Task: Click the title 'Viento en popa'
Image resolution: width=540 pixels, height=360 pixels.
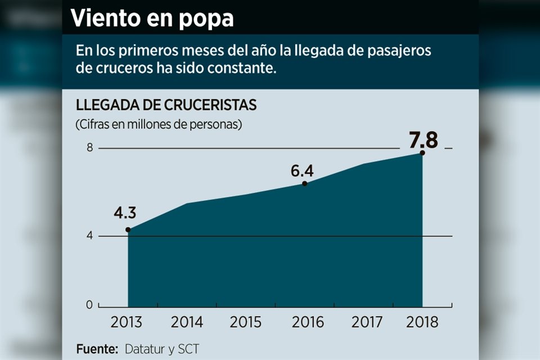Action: tap(152, 19)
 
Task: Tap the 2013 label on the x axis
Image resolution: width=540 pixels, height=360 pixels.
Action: tap(127, 322)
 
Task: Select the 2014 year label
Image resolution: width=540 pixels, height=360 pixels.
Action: tap(187, 322)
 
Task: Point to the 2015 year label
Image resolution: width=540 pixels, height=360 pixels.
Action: tap(245, 322)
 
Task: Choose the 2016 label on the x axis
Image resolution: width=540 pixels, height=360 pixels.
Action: tap(308, 322)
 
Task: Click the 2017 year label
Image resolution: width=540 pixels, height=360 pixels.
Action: tap(367, 322)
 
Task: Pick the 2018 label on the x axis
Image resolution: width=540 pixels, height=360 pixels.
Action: tap(421, 322)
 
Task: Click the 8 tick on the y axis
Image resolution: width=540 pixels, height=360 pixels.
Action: tap(89, 148)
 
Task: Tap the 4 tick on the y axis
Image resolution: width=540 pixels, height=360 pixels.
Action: tap(89, 236)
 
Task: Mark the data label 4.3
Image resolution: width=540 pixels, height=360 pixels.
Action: tap(125, 214)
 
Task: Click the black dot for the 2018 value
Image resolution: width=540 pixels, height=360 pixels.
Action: tap(422, 153)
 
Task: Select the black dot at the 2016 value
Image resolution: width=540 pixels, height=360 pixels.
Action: tap(304, 183)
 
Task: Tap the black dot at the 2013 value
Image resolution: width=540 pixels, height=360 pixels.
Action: tap(128, 229)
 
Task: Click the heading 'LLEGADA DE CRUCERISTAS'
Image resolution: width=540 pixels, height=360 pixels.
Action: tap(166, 105)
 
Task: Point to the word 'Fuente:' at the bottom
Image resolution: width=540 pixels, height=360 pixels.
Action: tap(97, 349)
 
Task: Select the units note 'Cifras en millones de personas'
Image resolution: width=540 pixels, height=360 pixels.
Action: tap(159, 124)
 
